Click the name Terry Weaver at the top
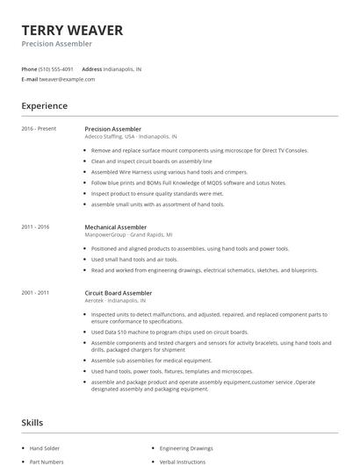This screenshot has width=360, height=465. point(72,31)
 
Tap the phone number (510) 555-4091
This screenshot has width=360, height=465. point(57,68)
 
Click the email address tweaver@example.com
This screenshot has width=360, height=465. point(67,79)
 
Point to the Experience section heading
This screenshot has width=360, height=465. point(44,106)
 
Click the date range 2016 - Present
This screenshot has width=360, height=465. point(39,129)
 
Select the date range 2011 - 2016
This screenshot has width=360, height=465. point(35,226)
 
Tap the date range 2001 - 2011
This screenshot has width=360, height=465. point(35,291)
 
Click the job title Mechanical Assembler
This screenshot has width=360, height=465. point(115,226)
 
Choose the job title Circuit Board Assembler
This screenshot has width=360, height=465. point(119,291)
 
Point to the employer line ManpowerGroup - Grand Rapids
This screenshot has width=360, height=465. point(128,234)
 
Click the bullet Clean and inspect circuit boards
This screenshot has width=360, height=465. point(151,161)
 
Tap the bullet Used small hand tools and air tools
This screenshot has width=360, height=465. point(133,259)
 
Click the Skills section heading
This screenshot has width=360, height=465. point(32,423)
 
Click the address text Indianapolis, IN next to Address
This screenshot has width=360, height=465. point(122,68)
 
